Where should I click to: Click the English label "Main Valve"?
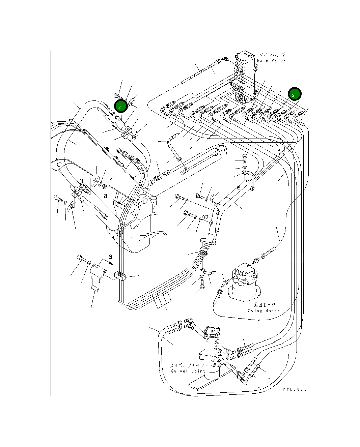pos(271,61)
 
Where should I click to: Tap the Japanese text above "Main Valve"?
pos(272,55)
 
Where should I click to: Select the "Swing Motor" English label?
pos(264,311)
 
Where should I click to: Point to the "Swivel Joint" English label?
pos(188,371)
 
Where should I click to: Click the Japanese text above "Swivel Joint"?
pos(189,365)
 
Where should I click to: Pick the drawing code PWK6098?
pos(295,389)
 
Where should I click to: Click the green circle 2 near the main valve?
pos(295,94)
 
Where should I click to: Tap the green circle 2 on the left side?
pos(121,106)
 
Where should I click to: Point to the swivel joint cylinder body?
pos(212,353)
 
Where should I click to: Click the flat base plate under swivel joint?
pos(212,379)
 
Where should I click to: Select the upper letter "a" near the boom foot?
pos(106,196)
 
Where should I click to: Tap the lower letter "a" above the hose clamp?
pos(110,257)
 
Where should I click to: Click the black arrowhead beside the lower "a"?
pos(112,264)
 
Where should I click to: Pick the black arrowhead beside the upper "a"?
pos(120,202)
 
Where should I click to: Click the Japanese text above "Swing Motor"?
pos(265,305)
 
